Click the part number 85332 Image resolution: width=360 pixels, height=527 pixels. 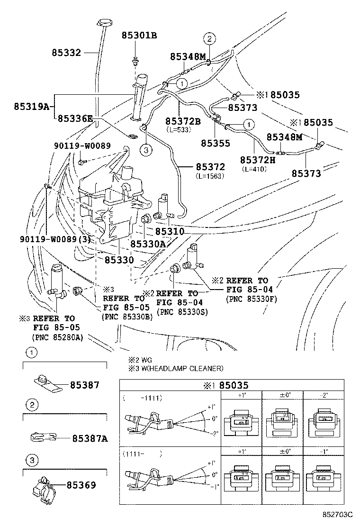[67, 53]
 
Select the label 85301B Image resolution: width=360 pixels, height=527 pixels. [139, 35]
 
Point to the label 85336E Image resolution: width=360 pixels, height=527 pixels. [75, 118]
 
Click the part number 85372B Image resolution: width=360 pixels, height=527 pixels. [183, 121]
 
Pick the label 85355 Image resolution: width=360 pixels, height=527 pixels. [215, 143]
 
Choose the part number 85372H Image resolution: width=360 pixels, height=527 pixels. [258, 160]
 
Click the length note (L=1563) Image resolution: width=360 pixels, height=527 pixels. [210, 176]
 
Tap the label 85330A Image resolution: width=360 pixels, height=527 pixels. [148, 244]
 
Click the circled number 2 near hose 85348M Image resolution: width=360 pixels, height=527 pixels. [210, 39]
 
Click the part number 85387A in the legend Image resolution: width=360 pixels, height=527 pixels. [90, 439]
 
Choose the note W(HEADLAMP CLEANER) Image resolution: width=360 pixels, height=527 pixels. [180, 368]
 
